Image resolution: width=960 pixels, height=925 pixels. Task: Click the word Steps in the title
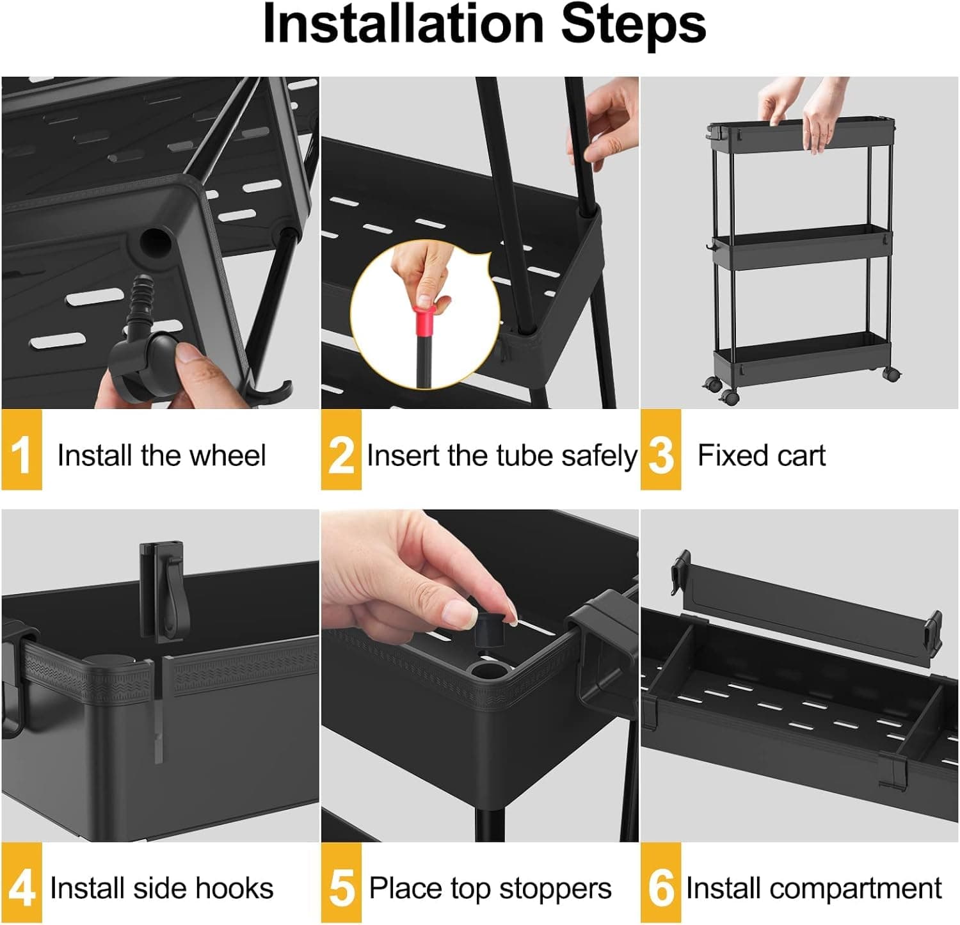pos(633,24)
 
